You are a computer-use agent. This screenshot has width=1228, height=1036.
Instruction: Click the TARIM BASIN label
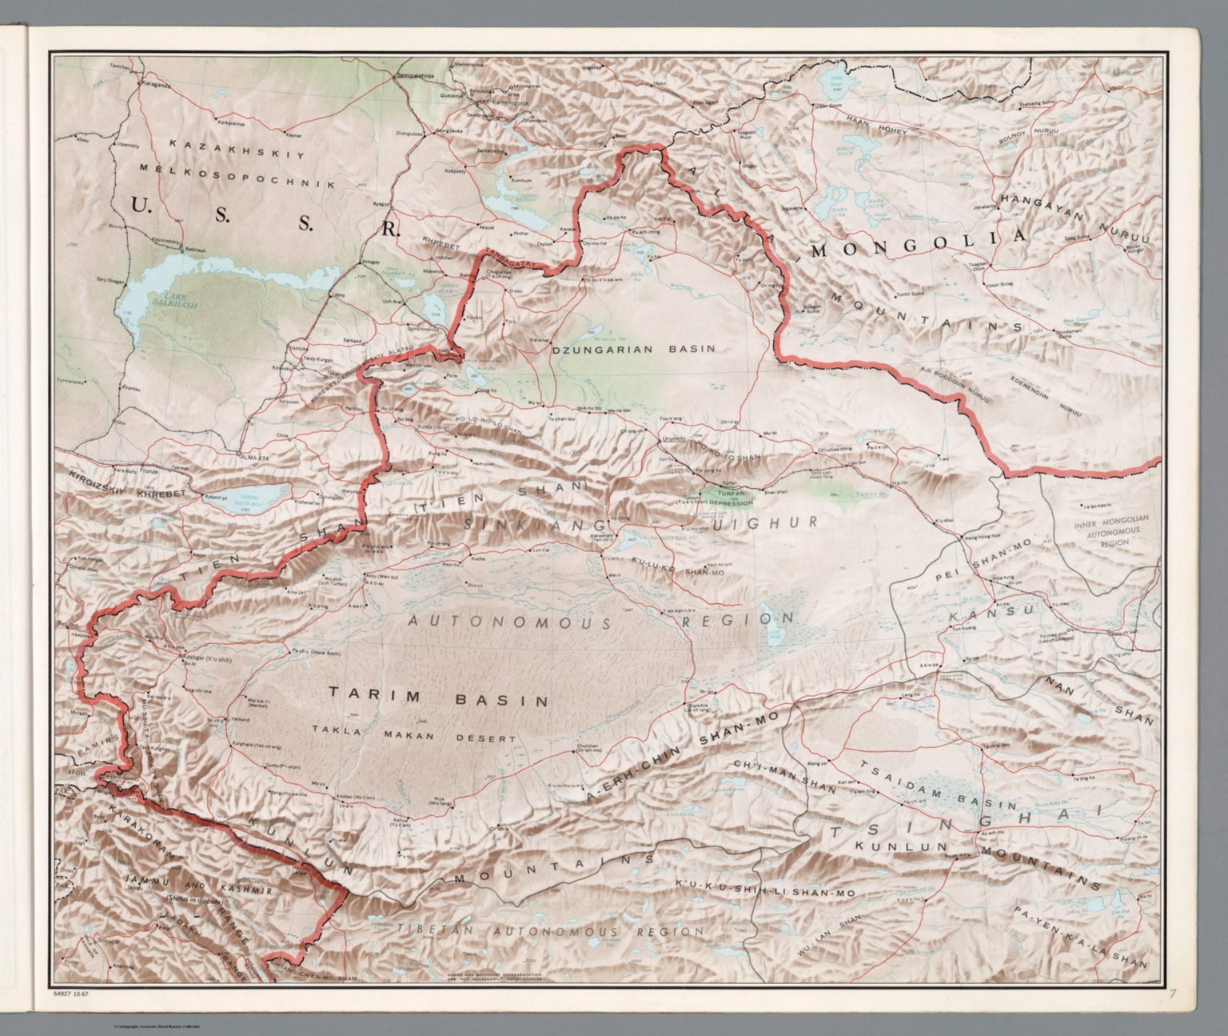pyautogui.click(x=437, y=700)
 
